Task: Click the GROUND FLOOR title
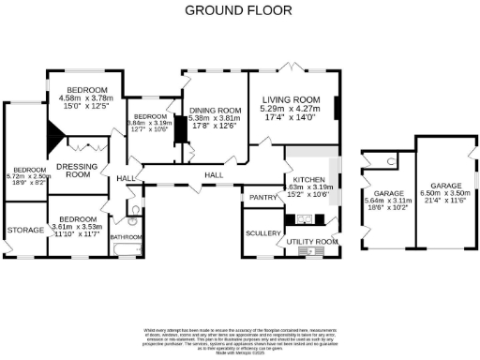tap(237, 10)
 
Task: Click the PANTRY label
tap(260, 198)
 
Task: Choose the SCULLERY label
tap(259, 232)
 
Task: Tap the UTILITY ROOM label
tap(313, 242)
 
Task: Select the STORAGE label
tap(22, 229)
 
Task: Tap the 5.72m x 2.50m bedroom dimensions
tap(27, 180)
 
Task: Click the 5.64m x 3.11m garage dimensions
tap(386, 206)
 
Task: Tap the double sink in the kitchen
tap(305, 220)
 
